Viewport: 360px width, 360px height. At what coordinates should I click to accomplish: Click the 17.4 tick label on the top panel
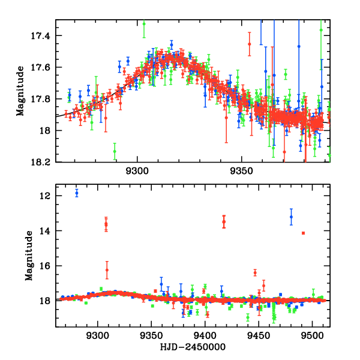click(43, 36)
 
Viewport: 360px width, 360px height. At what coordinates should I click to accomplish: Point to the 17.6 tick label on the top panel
click(43, 67)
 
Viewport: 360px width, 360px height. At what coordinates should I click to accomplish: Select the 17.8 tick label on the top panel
click(43, 99)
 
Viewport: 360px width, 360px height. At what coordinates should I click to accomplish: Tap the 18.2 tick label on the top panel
click(43, 162)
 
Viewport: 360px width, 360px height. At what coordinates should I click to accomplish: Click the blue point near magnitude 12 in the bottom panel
click(77, 193)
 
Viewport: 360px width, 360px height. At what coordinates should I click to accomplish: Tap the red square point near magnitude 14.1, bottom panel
click(304, 233)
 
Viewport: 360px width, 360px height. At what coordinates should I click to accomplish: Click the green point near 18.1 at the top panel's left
click(115, 151)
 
